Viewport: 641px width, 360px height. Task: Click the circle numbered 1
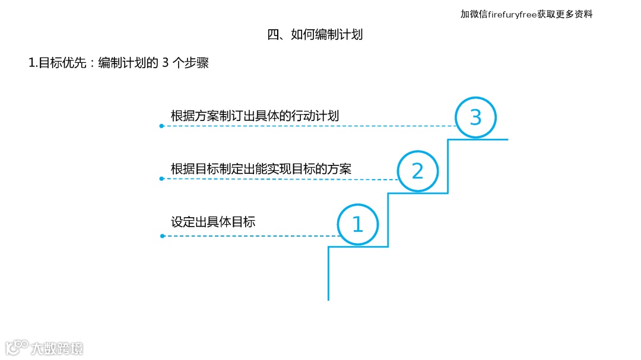357,225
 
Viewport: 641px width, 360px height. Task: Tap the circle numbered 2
417,171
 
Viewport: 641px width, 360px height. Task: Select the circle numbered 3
475,117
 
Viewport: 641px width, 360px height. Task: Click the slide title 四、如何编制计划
315,34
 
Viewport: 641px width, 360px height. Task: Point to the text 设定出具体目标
213,222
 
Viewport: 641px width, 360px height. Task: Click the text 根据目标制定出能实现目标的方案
261,169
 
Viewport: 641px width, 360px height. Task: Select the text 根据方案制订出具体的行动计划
255,116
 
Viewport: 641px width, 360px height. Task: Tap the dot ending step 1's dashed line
161,236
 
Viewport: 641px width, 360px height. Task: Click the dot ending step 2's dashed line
161,179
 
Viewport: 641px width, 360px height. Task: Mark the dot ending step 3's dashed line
161,126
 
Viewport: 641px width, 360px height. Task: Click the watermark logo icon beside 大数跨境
17,347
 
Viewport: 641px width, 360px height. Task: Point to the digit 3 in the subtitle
165,63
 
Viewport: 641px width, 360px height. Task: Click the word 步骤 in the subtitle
195,63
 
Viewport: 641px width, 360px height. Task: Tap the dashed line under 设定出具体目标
249,236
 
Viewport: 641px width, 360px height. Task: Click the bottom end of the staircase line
328,299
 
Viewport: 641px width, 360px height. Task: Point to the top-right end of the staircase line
507,139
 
